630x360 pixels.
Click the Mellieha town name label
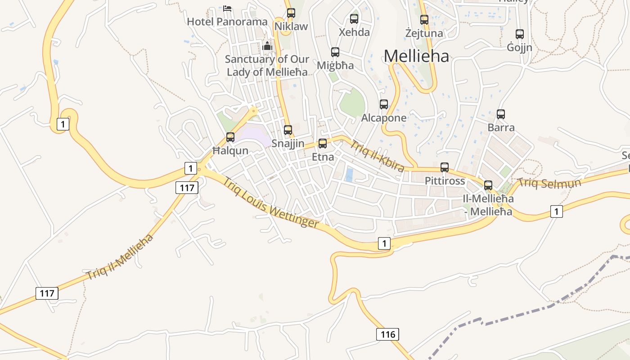(x=416, y=56)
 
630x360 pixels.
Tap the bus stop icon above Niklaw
(x=291, y=13)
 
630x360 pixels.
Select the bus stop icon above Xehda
(x=354, y=19)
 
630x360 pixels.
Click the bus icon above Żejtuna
(x=424, y=20)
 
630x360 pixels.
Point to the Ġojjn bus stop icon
(x=519, y=34)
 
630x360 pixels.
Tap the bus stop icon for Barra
(x=500, y=114)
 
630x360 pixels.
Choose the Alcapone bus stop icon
(x=383, y=104)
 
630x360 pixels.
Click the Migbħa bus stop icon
(x=335, y=52)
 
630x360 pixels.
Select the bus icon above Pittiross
(x=445, y=167)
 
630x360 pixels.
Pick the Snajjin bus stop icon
(x=288, y=130)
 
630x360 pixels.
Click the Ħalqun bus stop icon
(x=230, y=137)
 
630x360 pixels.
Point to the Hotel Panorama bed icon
(x=227, y=8)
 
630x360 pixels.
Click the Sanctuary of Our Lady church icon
(x=267, y=46)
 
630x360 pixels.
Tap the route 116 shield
(x=387, y=334)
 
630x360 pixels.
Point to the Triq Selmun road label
(x=549, y=183)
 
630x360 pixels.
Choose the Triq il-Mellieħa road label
(x=120, y=257)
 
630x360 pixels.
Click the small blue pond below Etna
(x=349, y=175)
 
